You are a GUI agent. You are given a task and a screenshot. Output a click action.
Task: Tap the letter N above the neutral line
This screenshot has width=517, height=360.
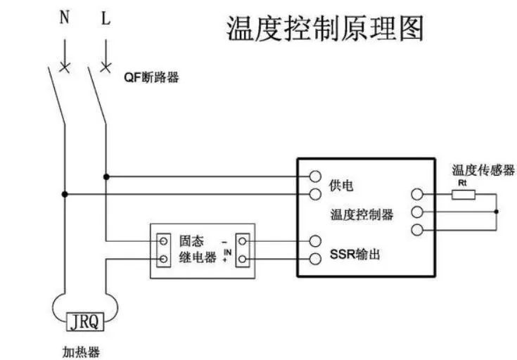64,18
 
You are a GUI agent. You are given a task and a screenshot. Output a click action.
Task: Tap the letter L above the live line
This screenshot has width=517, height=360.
106,18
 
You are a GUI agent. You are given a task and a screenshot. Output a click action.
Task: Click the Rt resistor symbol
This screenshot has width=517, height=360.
463,195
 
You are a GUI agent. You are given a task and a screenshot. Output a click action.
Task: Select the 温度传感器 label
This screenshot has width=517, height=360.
483,170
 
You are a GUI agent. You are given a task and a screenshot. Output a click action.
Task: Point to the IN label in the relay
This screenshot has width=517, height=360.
227,250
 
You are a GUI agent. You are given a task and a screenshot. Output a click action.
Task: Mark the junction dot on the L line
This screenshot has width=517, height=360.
106,176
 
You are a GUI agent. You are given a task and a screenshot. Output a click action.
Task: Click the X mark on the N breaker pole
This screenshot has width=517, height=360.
65,67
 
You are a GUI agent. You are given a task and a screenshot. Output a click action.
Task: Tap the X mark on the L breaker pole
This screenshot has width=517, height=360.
106,67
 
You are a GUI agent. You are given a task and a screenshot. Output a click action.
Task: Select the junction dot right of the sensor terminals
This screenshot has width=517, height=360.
496,212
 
